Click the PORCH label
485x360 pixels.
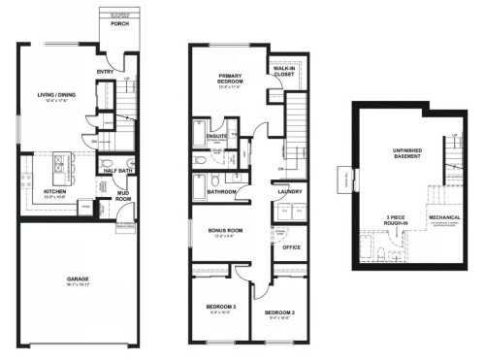coord(119,24)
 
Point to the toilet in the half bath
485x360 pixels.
coord(106,161)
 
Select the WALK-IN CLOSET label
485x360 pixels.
coord(284,70)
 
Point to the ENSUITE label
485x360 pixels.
coord(217,136)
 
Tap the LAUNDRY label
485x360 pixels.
coord(289,192)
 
